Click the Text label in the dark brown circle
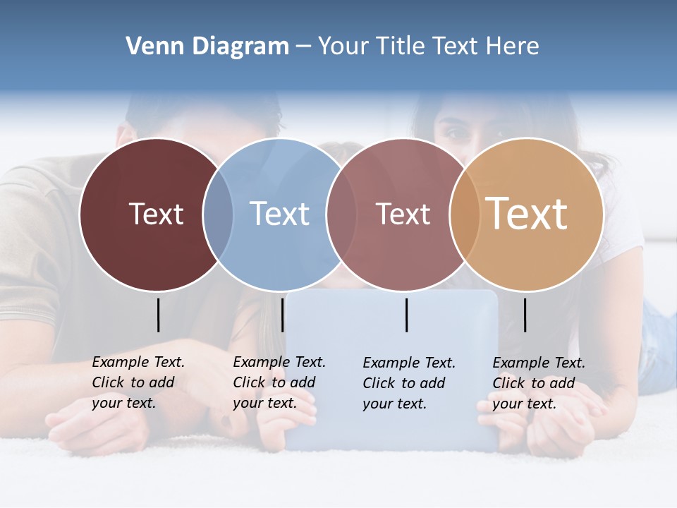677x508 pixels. pyautogui.click(x=156, y=214)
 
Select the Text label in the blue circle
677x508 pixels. pyautogui.click(x=279, y=214)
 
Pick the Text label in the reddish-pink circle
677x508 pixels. pyautogui.click(x=403, y=214)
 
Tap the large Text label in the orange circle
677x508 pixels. pyautogui.click(x=527, y=214)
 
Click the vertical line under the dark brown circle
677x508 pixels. pyautogui.click(x=158, y=315)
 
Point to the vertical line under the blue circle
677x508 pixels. pyautogui.click(x=282, y=315)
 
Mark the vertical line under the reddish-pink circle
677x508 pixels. pyautogui.click(x=406, y=315)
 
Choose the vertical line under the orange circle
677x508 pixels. pyautogui.click(x=525, y=315)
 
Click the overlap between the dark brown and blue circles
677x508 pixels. pyautogui.click(x=218, y=214)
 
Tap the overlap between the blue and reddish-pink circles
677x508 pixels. pyautogui.click(x=341, y=214)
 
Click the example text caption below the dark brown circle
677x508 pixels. pyautogui.click(x=138, y=382)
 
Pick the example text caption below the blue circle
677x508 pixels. pyautogui.click(x=279, y=382)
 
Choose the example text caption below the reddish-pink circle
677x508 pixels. pyautogui.click(x=409, y=383)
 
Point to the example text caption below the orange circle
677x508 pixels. pyautogui.click(x=539, y=383)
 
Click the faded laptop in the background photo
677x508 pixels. pyautogui.click(x=392, y=423)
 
